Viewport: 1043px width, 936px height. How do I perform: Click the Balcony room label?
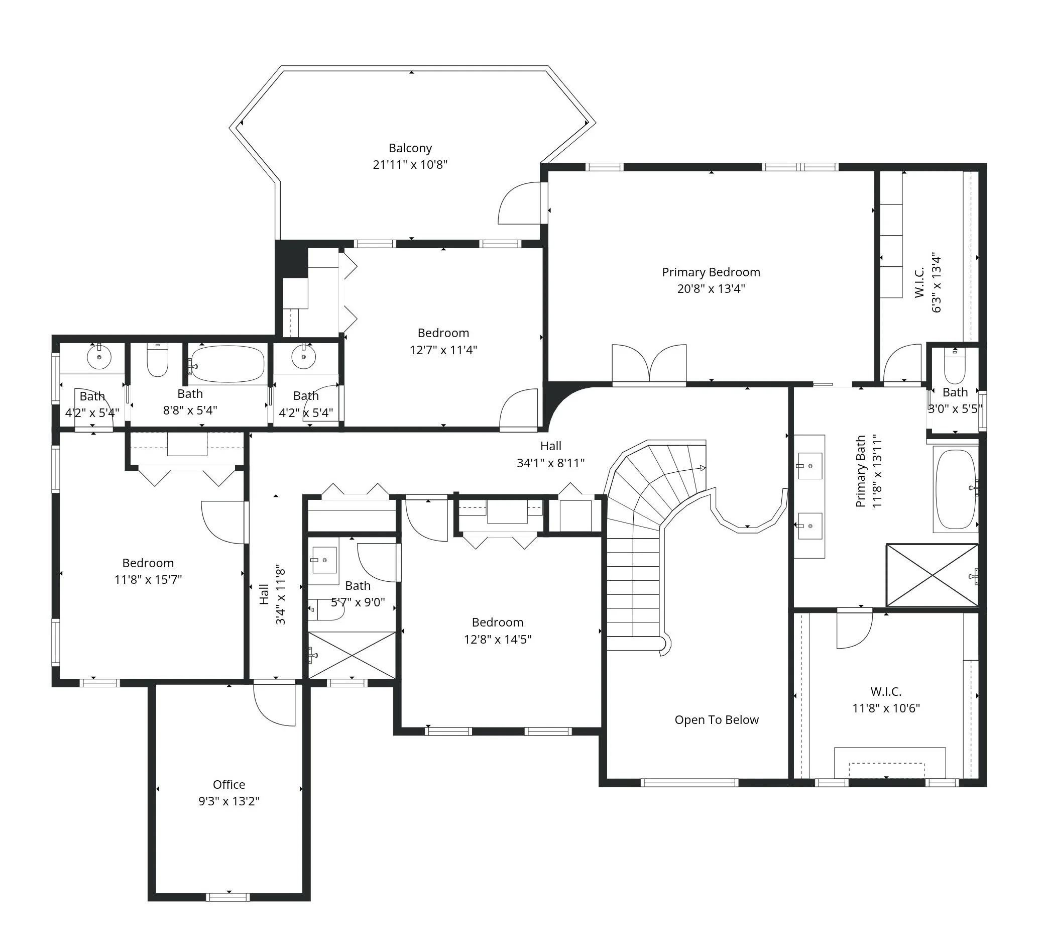click(410, 148)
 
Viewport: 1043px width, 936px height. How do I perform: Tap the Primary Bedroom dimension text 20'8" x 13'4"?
click(711, 288)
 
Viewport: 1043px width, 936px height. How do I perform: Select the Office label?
click(229, 784)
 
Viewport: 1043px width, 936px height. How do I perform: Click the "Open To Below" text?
click(717, 720)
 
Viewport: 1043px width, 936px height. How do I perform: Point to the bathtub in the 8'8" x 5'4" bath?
click(226, 364)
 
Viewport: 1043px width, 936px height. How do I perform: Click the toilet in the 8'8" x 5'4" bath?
click(157, 360)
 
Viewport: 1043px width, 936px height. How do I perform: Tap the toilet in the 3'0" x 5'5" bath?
click(955, 366)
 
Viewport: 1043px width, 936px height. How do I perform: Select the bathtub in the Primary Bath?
click(956, 489)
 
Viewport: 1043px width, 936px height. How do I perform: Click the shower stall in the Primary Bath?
click(932, 575)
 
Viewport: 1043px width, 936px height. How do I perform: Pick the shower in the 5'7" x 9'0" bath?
click(352, 655)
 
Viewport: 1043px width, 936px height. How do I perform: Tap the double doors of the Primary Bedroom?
click(649, 364)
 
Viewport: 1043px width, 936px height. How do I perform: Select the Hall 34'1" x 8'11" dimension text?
click(550, 463)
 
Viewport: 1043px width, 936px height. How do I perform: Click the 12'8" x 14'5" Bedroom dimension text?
click(498, 639)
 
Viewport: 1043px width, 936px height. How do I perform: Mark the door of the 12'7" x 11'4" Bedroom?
click(518, 409)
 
